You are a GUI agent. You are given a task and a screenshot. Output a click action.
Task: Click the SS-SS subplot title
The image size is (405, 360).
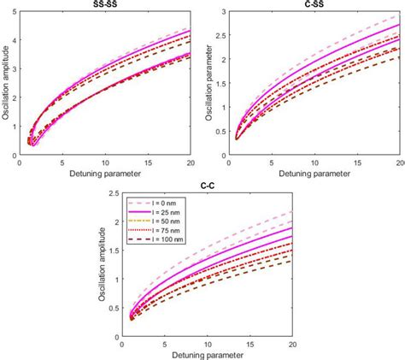tap(106, 4)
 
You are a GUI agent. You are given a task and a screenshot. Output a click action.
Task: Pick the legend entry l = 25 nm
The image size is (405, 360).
tap(167, 218)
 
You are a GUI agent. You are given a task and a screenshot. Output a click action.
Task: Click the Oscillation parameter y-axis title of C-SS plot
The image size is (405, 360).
tap(219, 83)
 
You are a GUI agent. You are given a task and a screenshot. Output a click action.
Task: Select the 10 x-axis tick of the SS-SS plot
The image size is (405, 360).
tap(104, 162)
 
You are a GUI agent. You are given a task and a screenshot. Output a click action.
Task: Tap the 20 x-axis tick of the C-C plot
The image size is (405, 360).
tap(291, 343)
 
